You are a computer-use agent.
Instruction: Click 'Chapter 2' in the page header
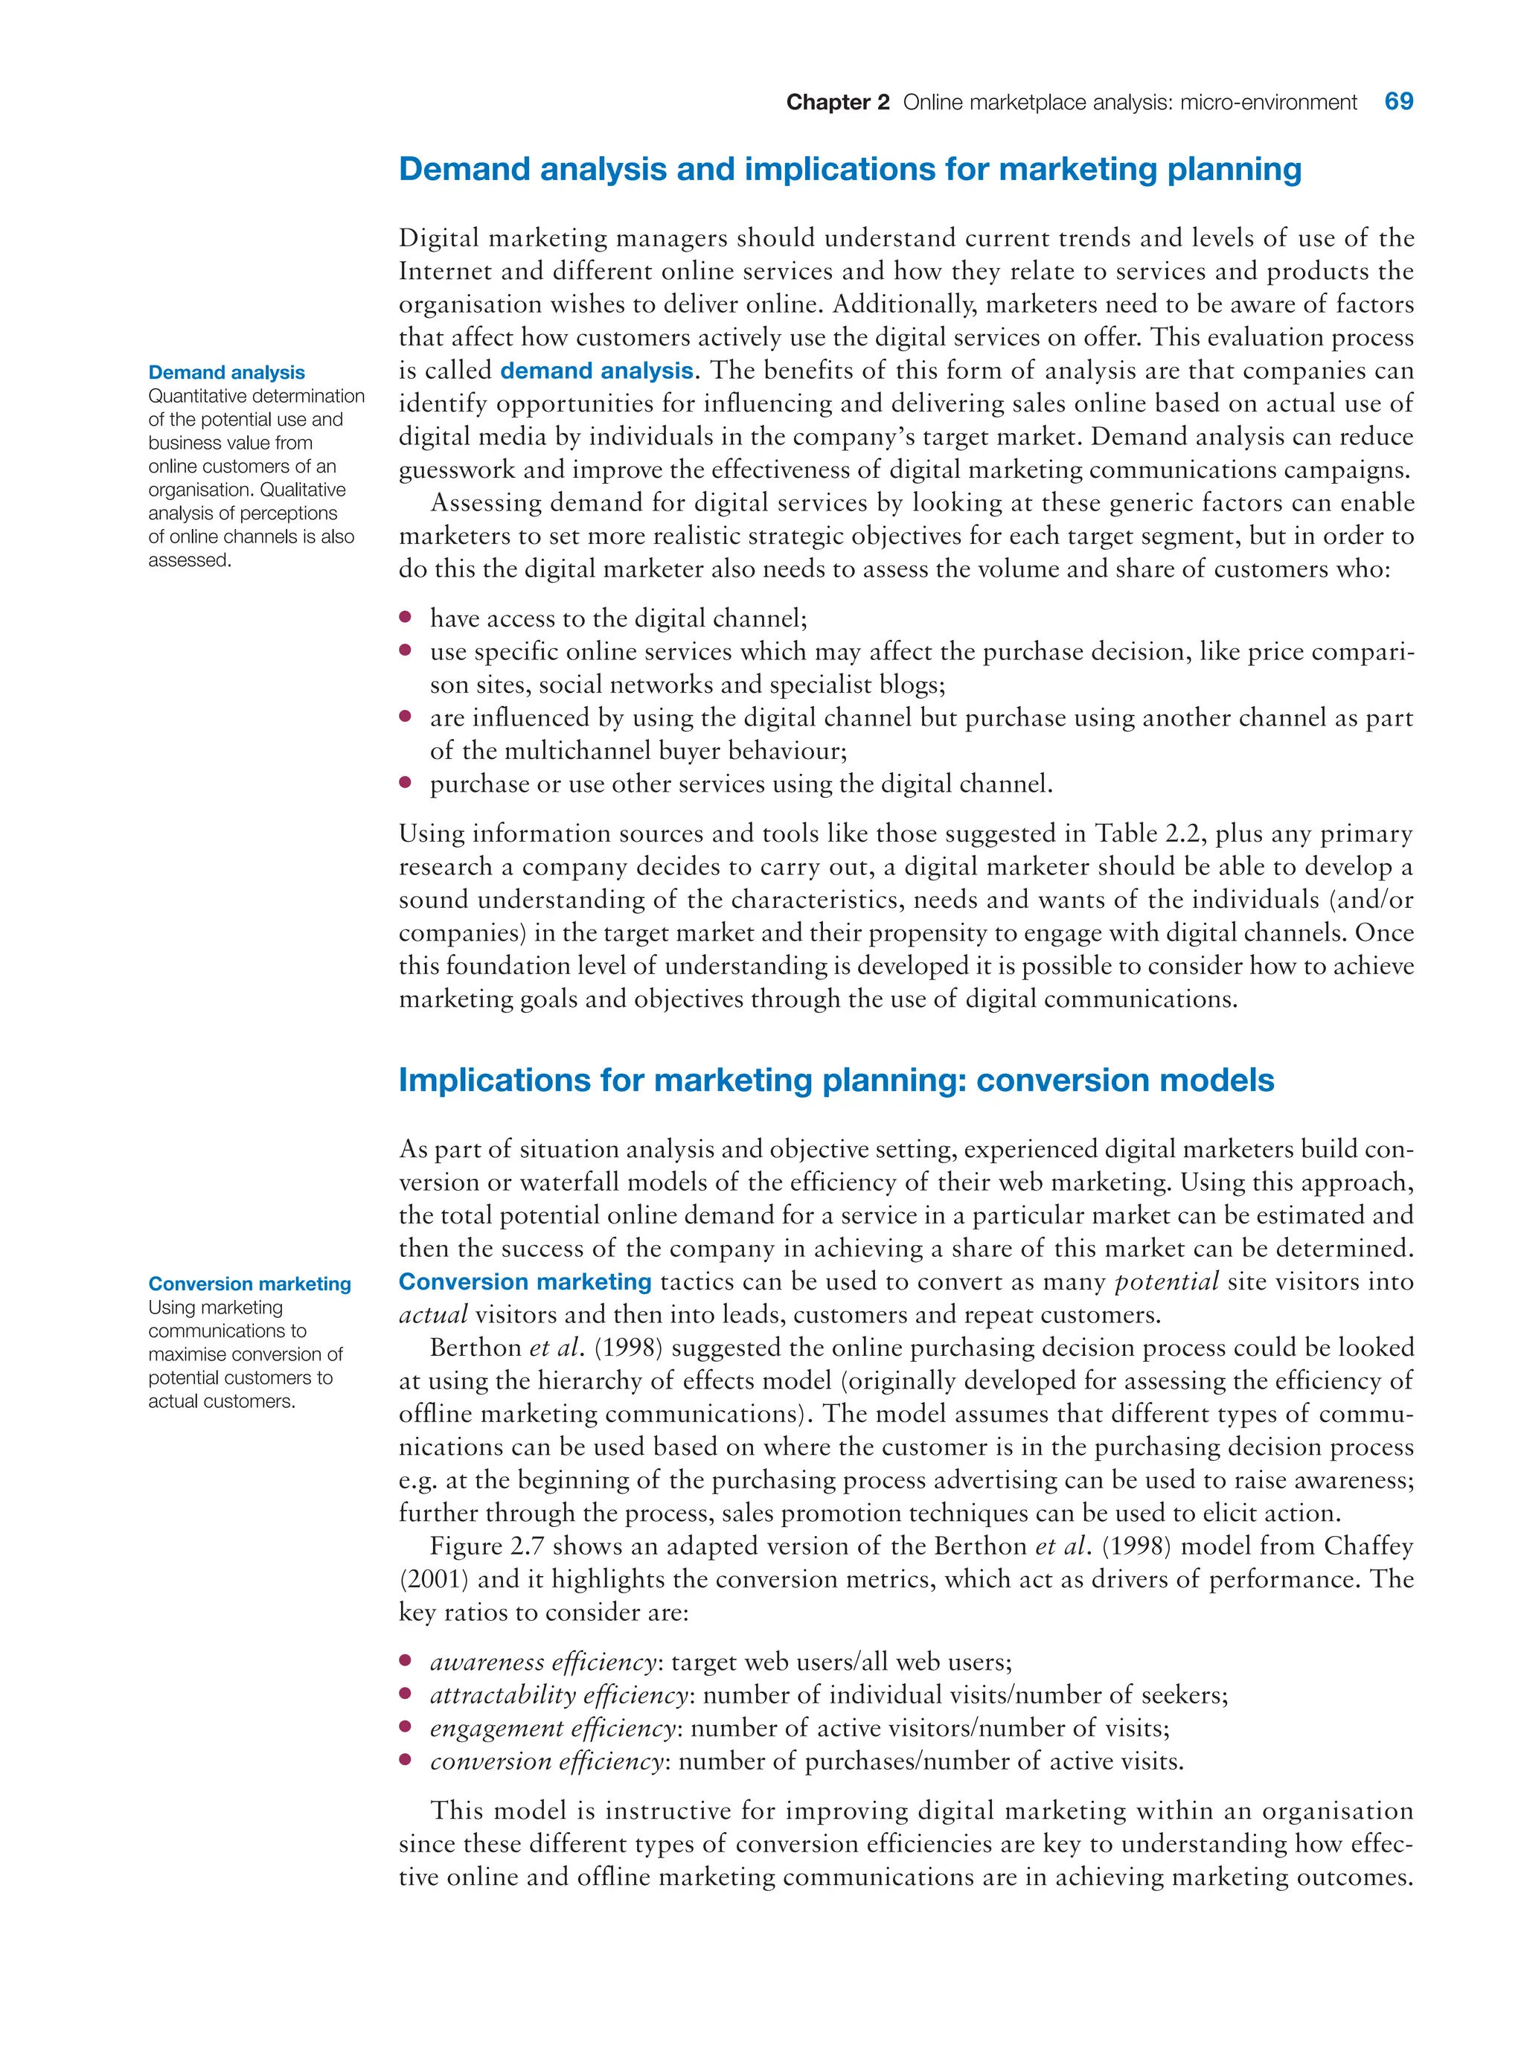point(836,103)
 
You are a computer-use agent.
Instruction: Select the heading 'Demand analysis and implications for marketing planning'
point(849,170)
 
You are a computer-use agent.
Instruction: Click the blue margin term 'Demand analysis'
point(226,373)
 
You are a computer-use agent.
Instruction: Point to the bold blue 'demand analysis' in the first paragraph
point(596,371)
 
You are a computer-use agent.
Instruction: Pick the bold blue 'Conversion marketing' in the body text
point(525,1281)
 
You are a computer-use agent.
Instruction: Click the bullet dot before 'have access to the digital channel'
point(405,617)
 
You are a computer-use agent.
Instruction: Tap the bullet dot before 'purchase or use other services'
point(405,782)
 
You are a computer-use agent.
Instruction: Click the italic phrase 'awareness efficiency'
point(542,1662)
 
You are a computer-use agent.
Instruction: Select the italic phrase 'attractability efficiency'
point(558,1694)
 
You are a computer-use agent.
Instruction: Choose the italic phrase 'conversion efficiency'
point(546,1761)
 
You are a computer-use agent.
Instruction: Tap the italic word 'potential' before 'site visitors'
point(1167,1281)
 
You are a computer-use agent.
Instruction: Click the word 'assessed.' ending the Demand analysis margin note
point(189,560)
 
